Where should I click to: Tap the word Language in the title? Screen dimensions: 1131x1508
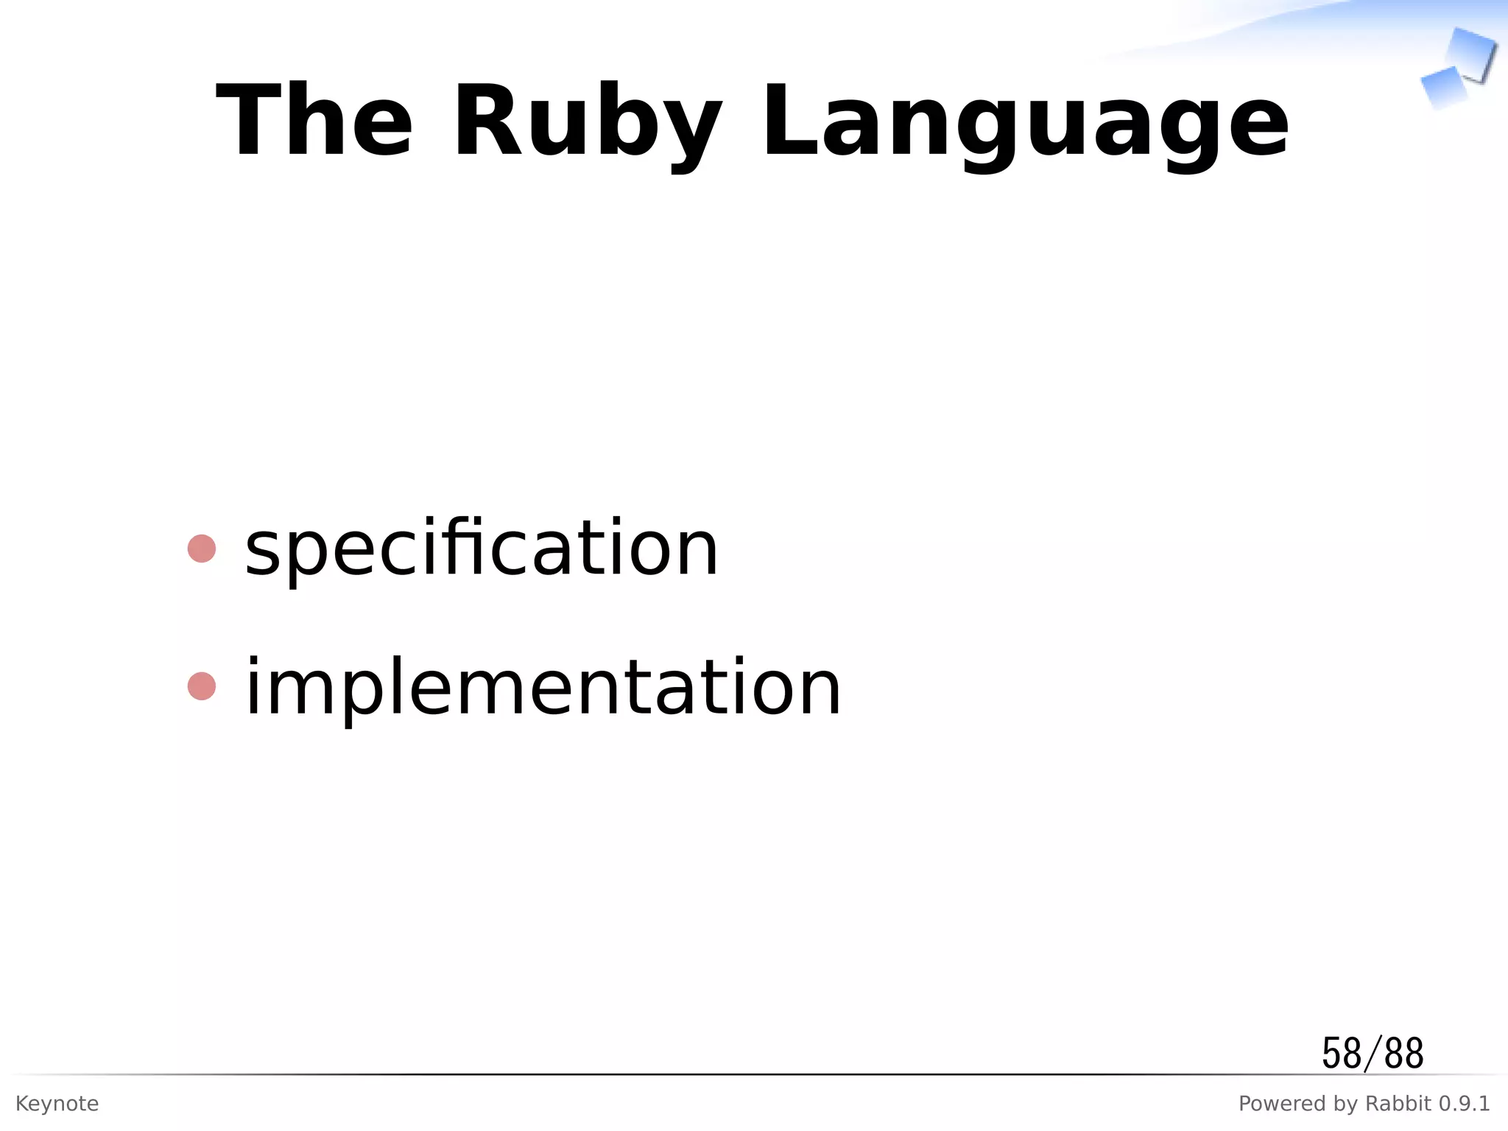(1024, 122)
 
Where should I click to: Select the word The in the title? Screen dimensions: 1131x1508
(314, 122)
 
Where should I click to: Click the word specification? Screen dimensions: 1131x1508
(481, 549)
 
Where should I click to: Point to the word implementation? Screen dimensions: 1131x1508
(543, 688)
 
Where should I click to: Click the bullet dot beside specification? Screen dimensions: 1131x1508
(202, 549)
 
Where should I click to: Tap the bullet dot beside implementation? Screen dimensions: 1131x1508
(202, 686)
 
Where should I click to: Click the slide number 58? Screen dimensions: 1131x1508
(1341, 1054)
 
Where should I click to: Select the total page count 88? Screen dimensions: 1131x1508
(1403, 1054)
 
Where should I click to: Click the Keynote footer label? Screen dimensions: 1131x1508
(57, 1104)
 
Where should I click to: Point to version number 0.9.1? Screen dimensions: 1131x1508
(1464, 1104)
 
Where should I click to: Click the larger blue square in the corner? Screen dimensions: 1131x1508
(1470, 54)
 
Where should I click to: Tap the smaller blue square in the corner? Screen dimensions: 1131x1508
(1443, 86)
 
